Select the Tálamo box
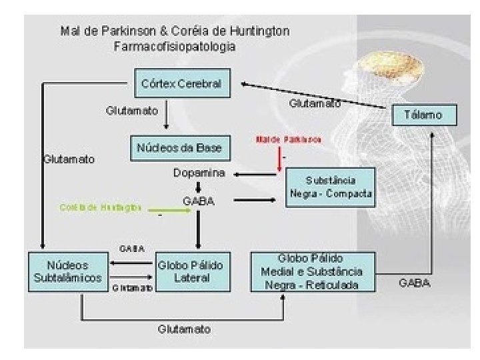click(x=425, y=115)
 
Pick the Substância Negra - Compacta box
click(x=331, y=187)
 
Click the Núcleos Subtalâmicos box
click(x=67, y=271)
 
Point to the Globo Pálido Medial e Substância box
click(x=313, y=271)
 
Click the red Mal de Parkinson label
click(x=289, y=140)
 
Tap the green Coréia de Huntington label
click(x=101, y=207)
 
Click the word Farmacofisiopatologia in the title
click(x=175, y=47)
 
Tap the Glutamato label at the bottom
click(x=185, y=329)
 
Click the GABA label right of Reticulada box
click(x=415, y=283)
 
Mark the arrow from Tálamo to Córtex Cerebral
click(x=313, y=95)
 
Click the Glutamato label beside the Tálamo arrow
click(x=315, y=104)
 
